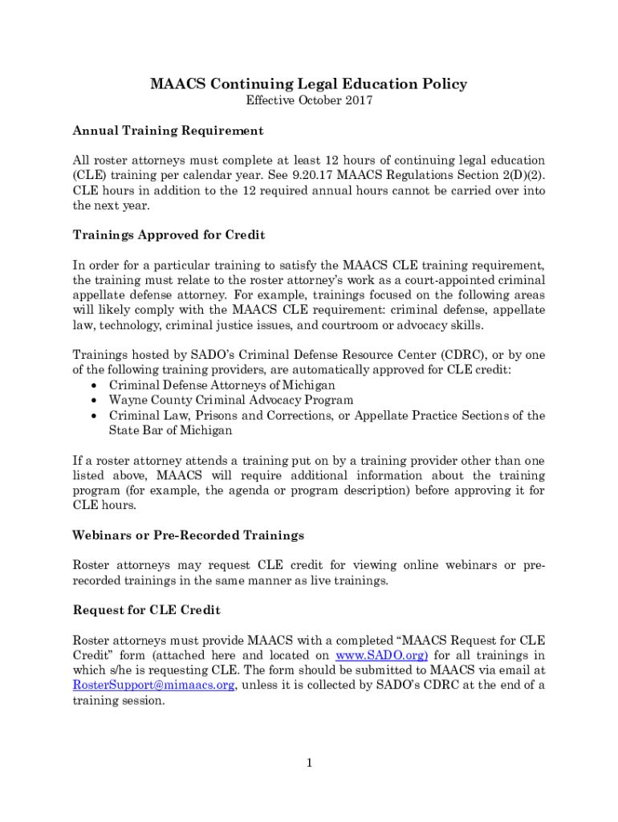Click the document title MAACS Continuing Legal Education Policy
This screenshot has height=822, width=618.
coord(308,84)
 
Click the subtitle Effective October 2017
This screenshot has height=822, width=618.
coord(308,101)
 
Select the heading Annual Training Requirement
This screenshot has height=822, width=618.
coord(168,130)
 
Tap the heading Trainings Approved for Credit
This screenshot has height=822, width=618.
coord(169,235)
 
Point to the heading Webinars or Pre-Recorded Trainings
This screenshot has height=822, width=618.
coord(189,535)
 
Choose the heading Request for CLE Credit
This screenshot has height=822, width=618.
coord(146,610)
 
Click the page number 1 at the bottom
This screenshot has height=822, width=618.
coord(308,763)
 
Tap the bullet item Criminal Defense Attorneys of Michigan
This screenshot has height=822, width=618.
coord(222,385)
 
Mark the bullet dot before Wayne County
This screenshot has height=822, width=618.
coord(95,401)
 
